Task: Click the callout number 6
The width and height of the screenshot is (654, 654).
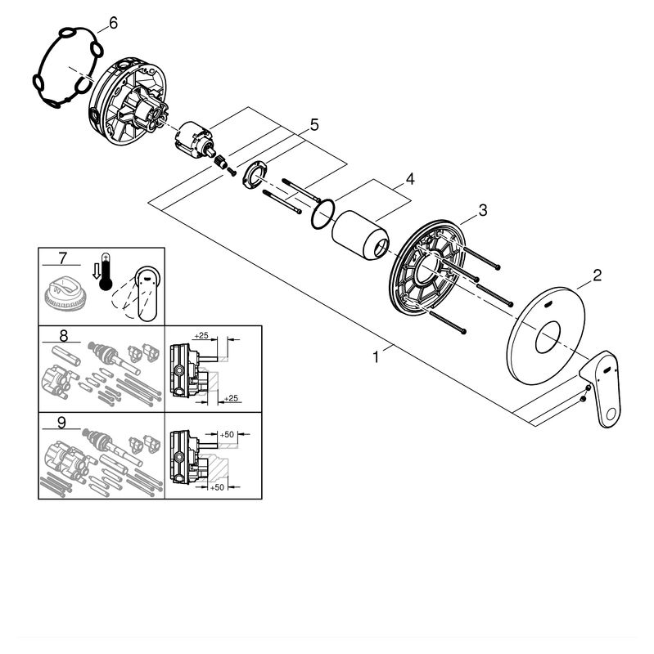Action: coord(113,23)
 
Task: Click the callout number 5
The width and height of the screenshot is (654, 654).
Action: coord(314,125)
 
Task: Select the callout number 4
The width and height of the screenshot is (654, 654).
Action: coord(410,179)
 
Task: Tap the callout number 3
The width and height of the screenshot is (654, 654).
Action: coord(483,210)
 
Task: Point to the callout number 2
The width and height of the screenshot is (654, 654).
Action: coord(598,275)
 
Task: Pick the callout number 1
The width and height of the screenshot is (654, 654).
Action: coord(376,357)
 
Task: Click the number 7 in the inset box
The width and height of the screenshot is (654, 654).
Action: coord(62,258)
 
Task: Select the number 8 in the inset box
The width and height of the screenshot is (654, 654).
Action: coord(64,335)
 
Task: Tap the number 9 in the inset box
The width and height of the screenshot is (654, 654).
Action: coord(61,423)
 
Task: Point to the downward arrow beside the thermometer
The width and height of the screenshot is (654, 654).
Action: coord(96,271)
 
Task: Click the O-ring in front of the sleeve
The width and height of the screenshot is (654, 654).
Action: coord(322,214)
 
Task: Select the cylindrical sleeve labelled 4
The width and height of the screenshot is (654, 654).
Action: coord(360,235)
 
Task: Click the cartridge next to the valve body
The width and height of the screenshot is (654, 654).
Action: coord(194,140)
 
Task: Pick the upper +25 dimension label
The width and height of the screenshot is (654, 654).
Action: coord(201,336)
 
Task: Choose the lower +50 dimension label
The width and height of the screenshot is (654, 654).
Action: coord(217,487)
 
